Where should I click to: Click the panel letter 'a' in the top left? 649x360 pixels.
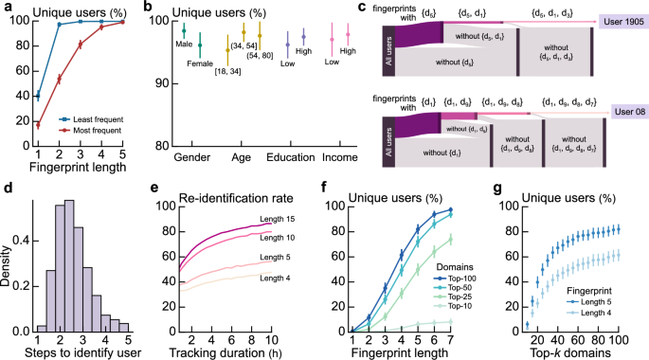(8, 9)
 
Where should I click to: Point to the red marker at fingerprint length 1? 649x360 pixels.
(37, 125)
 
